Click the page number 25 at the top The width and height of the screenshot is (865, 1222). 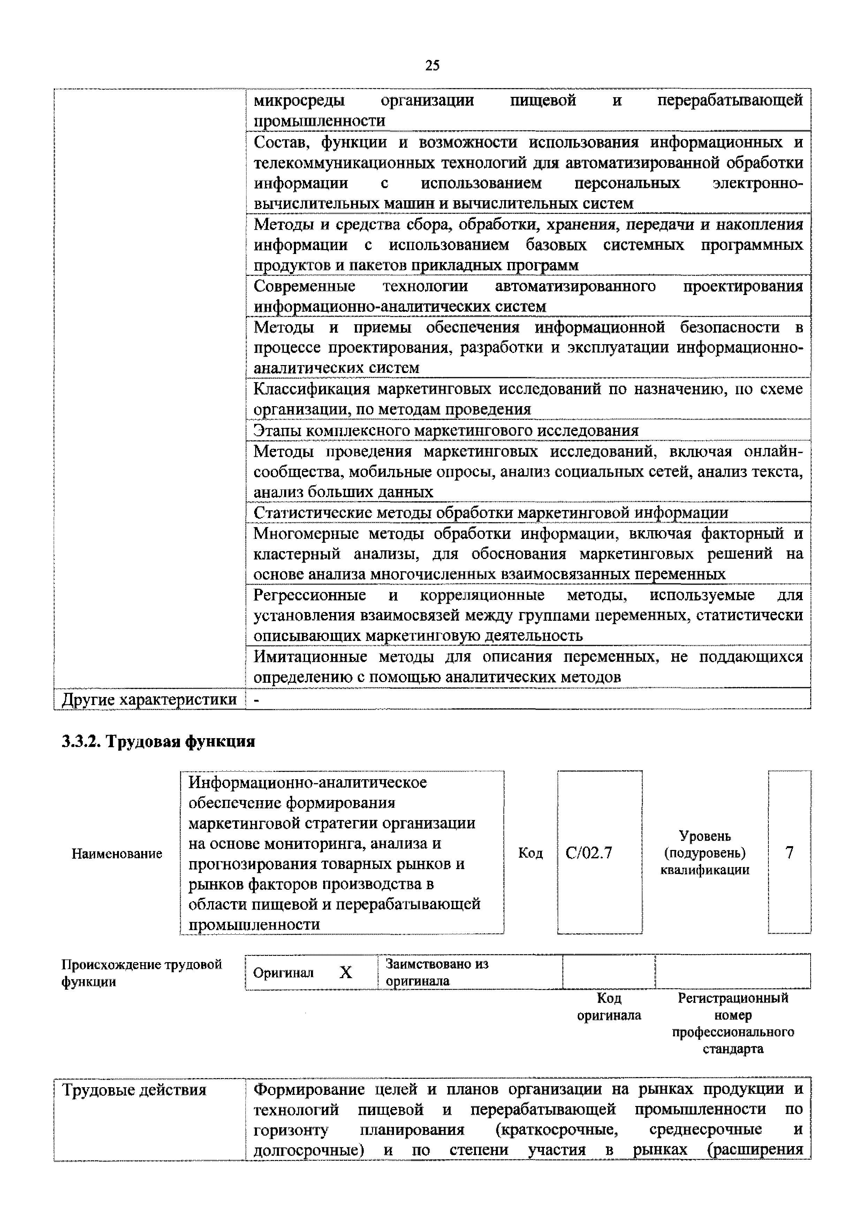tap(432, 65)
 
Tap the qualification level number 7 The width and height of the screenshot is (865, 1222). tap(789, 853)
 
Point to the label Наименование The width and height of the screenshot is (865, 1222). tap(117, 854)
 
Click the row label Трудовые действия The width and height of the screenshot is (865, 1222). tap(134, 1090)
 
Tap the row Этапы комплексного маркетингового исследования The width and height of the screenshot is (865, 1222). tap(446, 430)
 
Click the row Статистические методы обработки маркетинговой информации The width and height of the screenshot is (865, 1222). tap(490, 512)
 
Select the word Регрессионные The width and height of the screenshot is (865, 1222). tap(310, 595)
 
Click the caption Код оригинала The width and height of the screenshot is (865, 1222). tap(609, 1006)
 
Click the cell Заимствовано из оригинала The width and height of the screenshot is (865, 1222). tap(437, 972)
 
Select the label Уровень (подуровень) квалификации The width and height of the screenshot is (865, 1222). tap(704, 853)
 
